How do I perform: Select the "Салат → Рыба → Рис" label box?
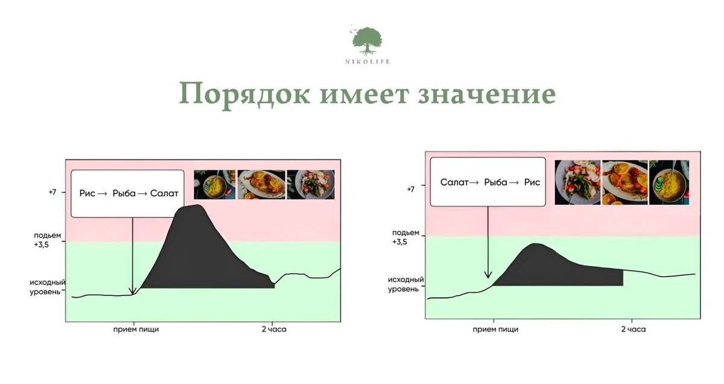click(489, 182)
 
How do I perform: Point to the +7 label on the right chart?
click(410, 189)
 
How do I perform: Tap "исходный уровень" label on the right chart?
click(405, 285)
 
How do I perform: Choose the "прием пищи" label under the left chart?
click(136, 330)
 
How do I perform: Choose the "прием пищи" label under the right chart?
click(495, 329)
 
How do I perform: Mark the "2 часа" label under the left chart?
click(273, 330)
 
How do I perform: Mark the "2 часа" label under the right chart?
click(633, 329)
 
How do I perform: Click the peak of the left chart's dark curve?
click(193, 207)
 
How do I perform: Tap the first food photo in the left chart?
click(215, 184)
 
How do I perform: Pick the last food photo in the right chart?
click(669, 182)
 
